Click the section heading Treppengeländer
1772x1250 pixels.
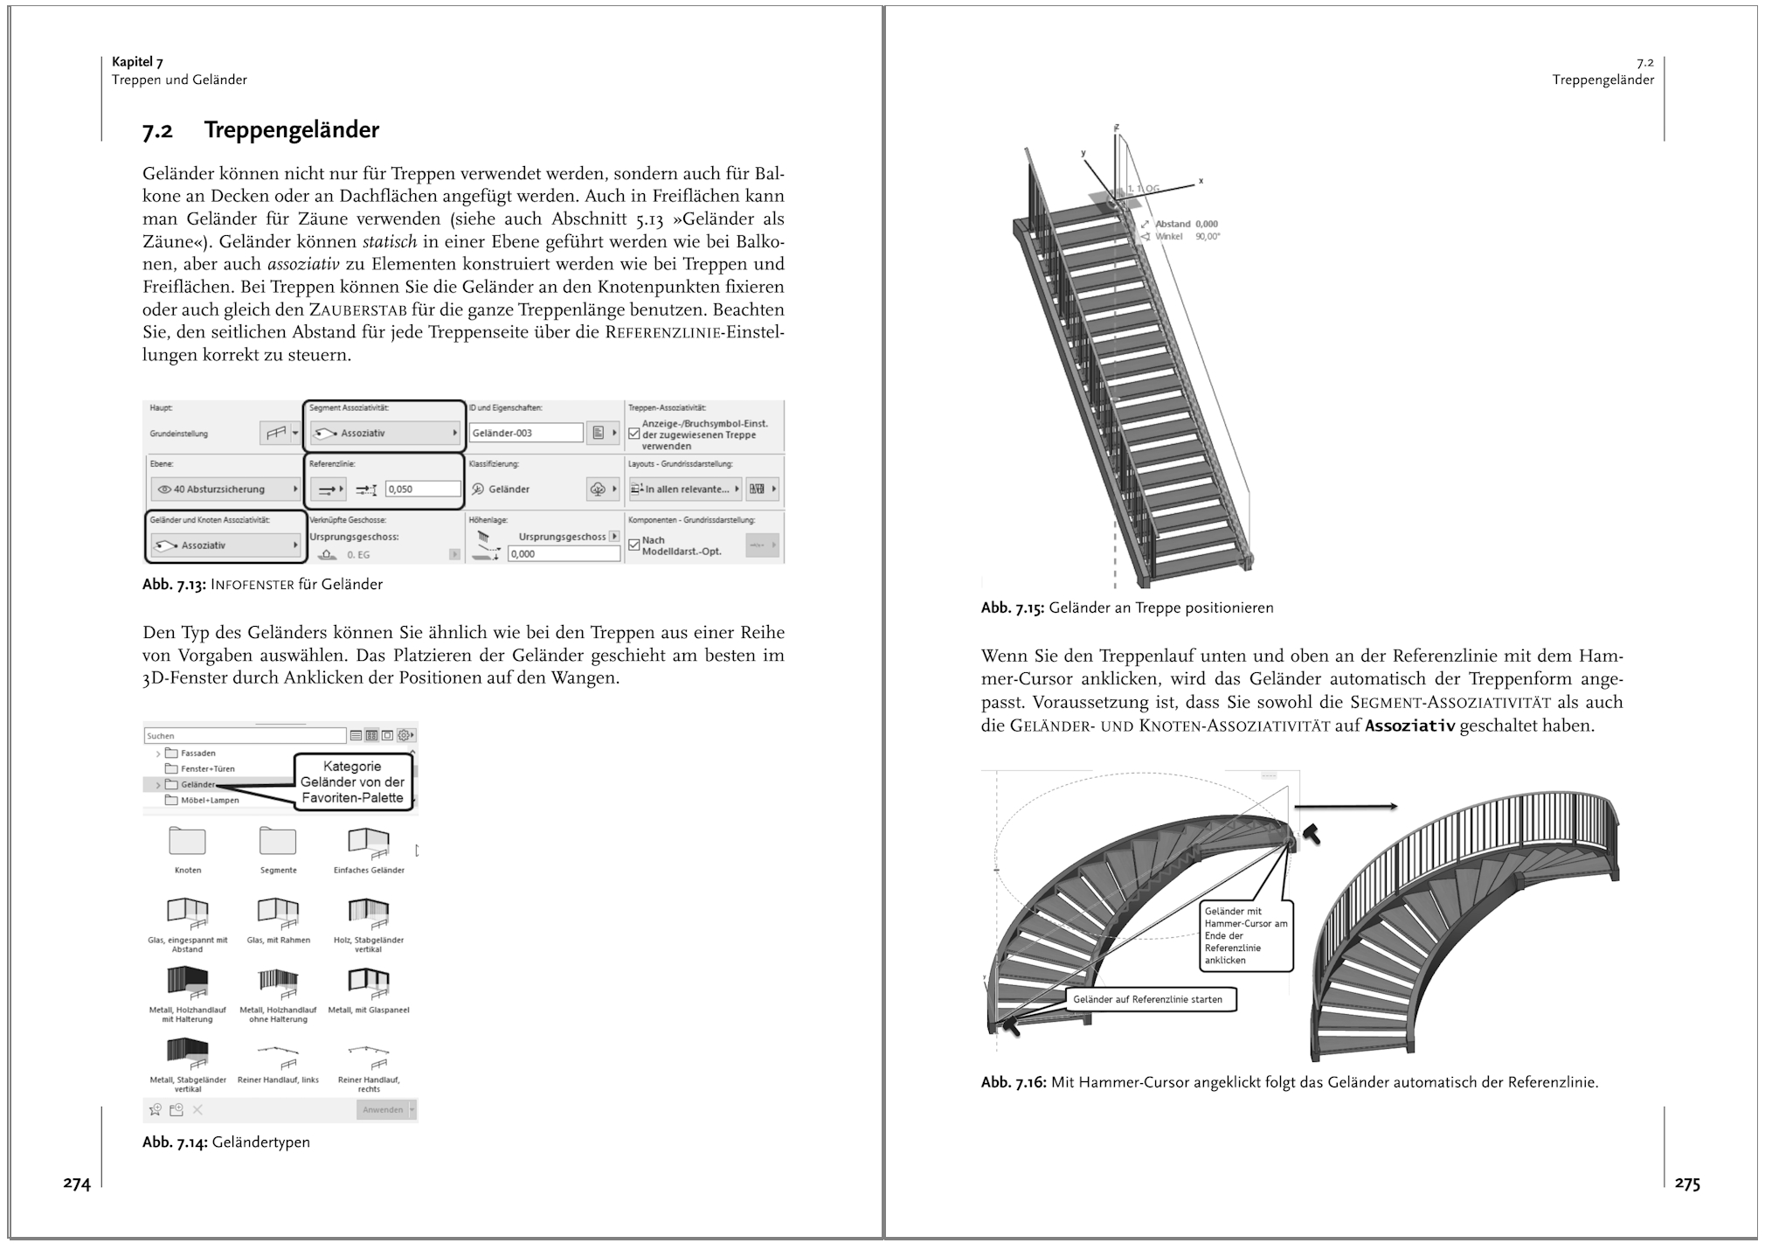pos(291,130)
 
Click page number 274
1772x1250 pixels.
pos(77,1184)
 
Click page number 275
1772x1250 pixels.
pos(1687,1184)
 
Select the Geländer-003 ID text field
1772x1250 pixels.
pos(526,433)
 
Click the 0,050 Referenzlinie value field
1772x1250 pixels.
pos(422,490)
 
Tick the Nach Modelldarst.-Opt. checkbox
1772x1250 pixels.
pos(634,545)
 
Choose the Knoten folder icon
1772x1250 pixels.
pos(187,841)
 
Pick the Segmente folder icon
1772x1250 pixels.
pos(278,841)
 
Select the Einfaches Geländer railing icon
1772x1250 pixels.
pos(369,841)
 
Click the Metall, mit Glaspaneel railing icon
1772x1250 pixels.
pos(369,980)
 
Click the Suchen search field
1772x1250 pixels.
pos(245,736)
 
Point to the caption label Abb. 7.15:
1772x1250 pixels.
pos(1012,608)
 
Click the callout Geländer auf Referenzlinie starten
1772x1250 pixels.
pos(1148,999)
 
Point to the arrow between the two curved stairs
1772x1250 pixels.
pos(1346,807)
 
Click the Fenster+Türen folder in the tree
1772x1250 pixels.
pos(207,769)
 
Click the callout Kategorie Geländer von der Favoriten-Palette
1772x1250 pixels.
pos(352,782)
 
